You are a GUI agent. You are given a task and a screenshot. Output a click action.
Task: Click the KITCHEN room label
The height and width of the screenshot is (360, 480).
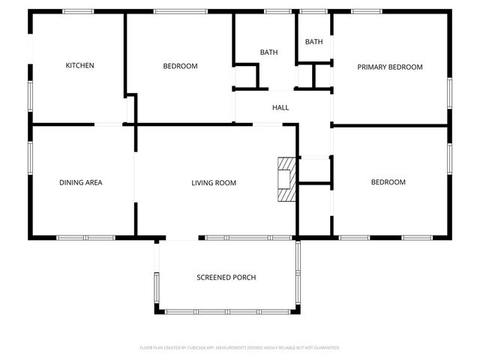(x=80, y=66)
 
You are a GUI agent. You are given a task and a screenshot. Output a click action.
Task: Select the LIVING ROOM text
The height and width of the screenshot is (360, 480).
(x=214, y=182)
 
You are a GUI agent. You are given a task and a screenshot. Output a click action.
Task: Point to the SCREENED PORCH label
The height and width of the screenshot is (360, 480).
(x=226, y=277)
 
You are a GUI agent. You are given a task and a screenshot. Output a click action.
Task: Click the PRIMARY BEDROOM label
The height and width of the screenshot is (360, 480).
(x=389, y=67)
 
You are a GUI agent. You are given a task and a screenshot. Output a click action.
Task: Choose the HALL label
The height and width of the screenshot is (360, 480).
(x=280, y=107)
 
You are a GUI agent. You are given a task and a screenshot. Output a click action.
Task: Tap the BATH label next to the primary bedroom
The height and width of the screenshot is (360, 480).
(x=314, y=42)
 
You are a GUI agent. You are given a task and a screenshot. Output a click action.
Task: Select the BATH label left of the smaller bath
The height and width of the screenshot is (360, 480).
(x=268, y=52)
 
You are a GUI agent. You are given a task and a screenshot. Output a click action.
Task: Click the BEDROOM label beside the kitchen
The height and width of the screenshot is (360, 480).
(x=180, y=66)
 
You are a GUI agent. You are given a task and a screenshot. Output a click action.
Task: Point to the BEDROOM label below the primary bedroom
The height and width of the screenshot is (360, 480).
(x=388, y=182)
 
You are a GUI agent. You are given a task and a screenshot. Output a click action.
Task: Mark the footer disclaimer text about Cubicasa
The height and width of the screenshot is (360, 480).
(x=240, y=348)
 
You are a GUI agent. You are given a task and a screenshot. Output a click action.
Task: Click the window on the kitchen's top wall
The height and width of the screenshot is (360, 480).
(x=78, y=11)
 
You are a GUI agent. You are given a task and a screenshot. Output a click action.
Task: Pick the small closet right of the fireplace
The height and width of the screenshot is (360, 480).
(x=314, y=170)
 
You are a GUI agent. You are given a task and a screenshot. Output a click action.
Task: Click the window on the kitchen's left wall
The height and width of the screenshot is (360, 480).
(x=30, y=97)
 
